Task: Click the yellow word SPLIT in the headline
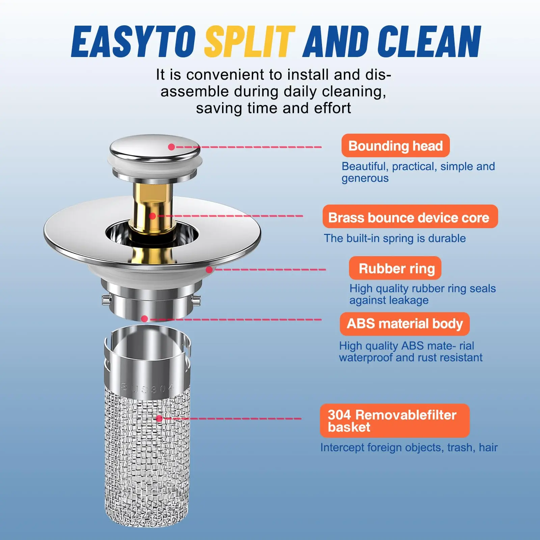tap(250, 42)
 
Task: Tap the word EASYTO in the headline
tap(134, 42)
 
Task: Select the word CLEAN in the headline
tap(429, 42)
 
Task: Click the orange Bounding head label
tap(396, 146)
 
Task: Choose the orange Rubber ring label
tap(395, 268)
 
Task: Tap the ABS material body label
tap(405, 324)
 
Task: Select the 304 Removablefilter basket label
tap(395, 421)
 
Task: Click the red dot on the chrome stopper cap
tap(171, 147)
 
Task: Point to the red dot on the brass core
tap(153, 216)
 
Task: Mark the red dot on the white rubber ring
tap(209, 270)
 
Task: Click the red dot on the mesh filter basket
tap(159, 418)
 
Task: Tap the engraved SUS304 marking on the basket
tap(147, 388)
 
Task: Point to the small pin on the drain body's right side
tap(196, 299)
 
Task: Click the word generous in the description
tap(365, 179)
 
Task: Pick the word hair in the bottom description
tap(488, 447)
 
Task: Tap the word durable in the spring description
tap(447, 238)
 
